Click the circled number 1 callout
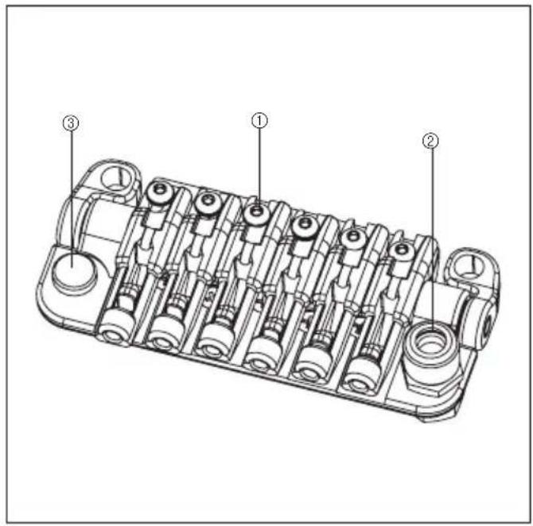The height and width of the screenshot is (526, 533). [x=259, y=121]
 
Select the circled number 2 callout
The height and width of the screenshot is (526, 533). [x=430, y=141]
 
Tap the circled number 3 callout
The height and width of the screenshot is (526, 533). [x=71, y=123]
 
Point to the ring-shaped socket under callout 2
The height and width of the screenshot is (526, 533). [x=430, y=344]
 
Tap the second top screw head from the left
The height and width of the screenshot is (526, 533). [x=208, y=203]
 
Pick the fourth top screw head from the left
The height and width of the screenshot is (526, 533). [x=305, y=226]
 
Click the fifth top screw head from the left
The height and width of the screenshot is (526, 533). [x=353, y=238]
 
